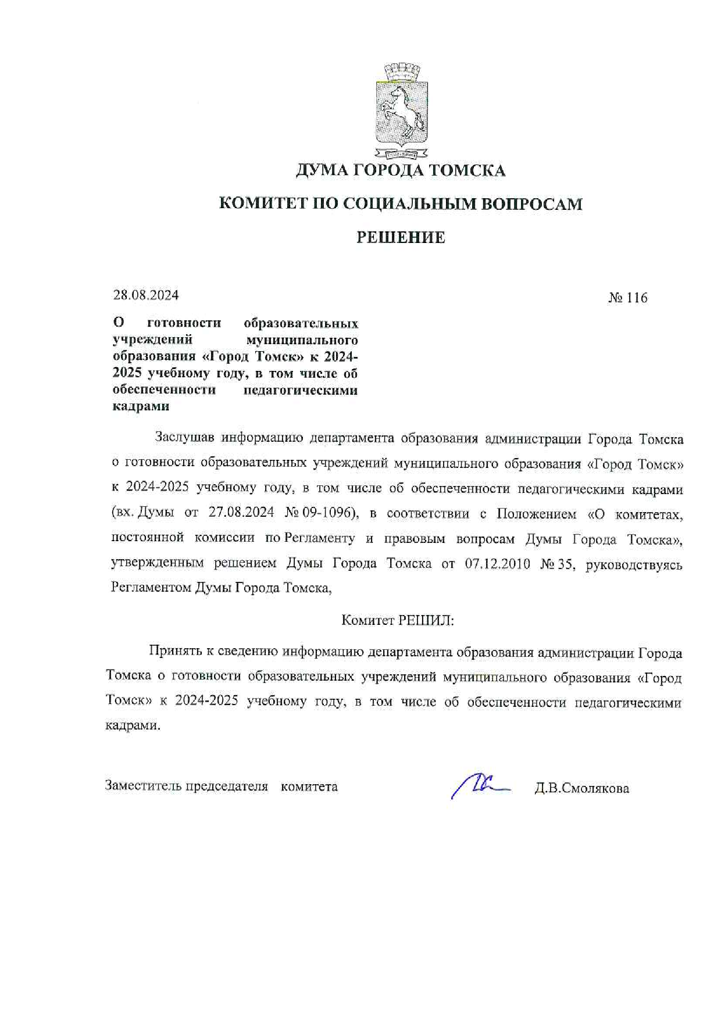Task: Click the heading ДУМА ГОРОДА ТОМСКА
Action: tap(401, 170)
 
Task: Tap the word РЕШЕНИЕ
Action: tap(401, 237)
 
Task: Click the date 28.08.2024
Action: tap(146, 295)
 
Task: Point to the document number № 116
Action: tap(627, 298)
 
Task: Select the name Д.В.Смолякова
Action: tap(581, 789)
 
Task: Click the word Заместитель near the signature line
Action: tap(143, 786)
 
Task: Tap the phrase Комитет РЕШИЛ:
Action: tap(397, 620)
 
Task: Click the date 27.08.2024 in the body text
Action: tap(241, 513)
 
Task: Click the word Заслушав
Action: tap(184, 438)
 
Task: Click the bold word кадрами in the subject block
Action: tap(141, 406)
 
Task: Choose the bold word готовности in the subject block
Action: tap(184, 323)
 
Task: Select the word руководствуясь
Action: tap(634, 564)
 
